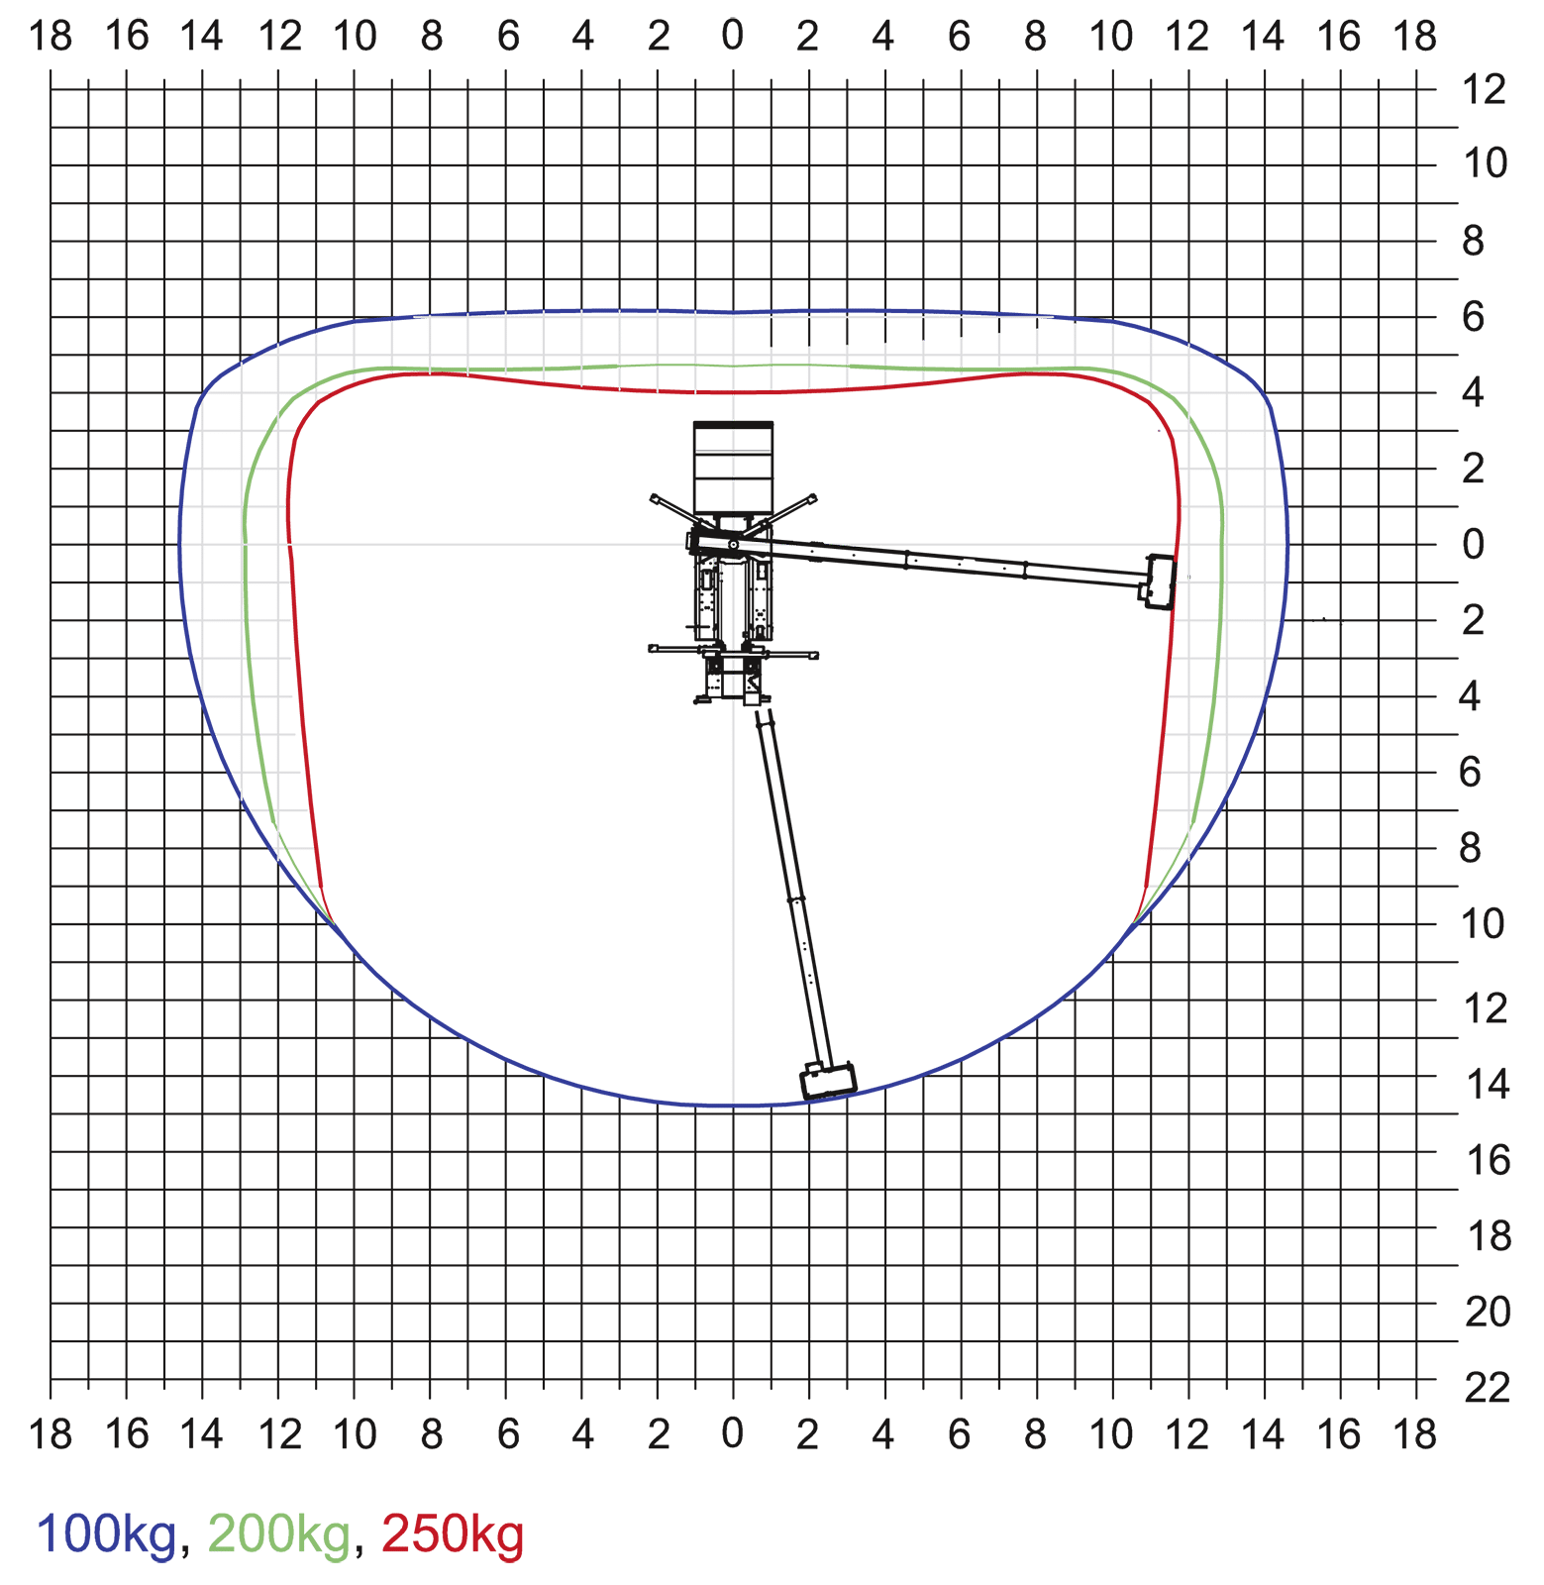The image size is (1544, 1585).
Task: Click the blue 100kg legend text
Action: (107, 1534)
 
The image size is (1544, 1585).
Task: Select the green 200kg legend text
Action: (279, 1534)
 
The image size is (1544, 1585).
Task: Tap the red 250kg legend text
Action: (453, 1534)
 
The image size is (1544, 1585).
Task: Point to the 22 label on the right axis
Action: (1488, 1389)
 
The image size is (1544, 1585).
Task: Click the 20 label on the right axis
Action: (1488, 1313)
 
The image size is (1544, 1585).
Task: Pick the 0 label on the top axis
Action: (733, 36)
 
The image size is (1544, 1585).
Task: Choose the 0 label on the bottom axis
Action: (733, 1433)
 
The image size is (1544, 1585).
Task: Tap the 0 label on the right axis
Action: (1474, 544)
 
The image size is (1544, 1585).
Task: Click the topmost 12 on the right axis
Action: (1485, 90)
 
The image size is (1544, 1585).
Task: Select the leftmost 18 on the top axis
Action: (51, 37)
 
